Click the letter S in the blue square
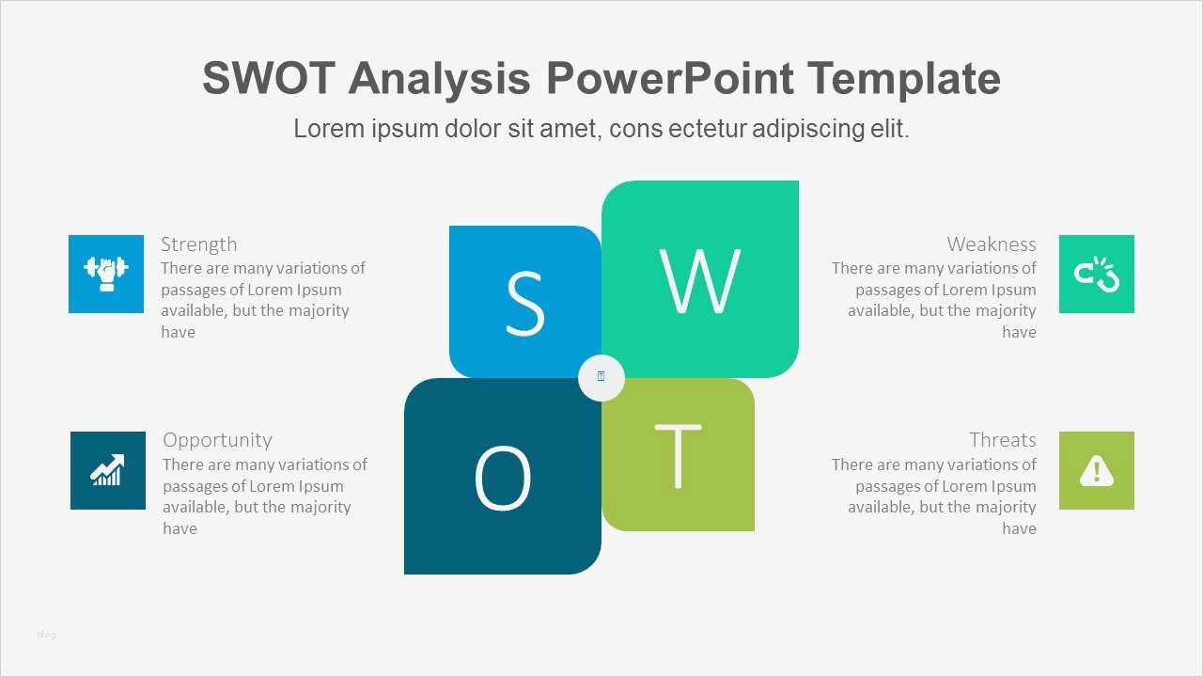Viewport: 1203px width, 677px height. (524, 303)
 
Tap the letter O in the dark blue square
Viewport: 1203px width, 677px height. (502, 478)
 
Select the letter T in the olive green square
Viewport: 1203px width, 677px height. (678, 456)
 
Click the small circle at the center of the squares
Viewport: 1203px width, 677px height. (601, 377)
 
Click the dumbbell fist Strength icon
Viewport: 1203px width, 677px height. (106, 274)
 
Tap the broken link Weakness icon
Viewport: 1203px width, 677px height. (1097, 274)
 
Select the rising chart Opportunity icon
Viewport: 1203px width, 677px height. (108, 470)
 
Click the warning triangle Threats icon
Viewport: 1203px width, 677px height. (1097, 470)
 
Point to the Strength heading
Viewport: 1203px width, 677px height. (198, 244)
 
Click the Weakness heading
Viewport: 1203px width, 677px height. (991, 244)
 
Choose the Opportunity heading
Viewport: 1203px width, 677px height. (217, 440)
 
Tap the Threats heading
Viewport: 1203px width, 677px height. (1002, 440)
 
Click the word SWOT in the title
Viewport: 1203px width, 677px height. (268, 78)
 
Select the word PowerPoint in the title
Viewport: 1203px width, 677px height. (670, 78)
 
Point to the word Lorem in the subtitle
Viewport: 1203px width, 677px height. (327, 129)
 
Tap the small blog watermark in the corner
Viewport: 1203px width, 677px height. (46, 635)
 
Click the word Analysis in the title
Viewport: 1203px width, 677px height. (439, 78)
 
